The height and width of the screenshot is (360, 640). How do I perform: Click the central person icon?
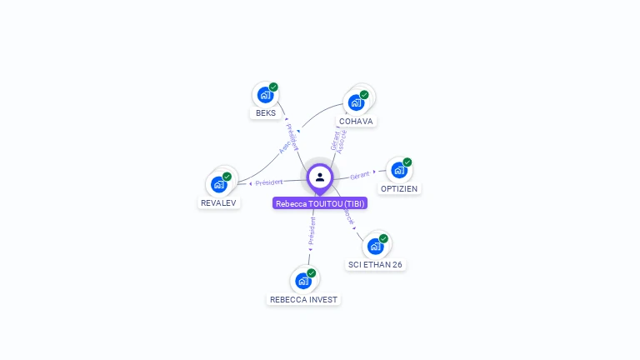point(320,177)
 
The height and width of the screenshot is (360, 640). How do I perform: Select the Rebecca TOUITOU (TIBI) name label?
point(320,203)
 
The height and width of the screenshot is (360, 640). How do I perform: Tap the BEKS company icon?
point(265,95)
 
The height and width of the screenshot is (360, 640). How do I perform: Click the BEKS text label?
point(266,113)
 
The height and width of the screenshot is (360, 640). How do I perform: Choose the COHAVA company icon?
point(357,102)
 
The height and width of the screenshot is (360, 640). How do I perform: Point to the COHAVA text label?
point(356,121)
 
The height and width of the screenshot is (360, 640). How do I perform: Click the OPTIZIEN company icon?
point(399,170)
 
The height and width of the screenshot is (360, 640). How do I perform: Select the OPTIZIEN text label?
point(399,189)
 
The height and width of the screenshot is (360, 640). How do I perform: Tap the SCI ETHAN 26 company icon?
point(375,246)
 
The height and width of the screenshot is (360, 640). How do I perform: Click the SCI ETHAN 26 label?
point(376,265)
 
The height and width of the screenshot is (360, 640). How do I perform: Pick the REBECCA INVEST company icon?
point(303,281)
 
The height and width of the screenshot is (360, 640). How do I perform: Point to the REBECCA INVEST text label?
point(303,300)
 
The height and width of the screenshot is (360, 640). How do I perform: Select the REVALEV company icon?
point(219,184)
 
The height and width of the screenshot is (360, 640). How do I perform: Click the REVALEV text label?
point(219,202)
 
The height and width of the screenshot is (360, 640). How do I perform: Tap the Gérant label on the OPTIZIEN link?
point(360,175)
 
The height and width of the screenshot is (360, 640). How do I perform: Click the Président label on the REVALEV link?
point(269,182)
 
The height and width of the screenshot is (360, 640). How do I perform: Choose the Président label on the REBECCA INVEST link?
point(312,231)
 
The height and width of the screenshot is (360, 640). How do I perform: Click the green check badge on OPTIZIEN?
point(407,162)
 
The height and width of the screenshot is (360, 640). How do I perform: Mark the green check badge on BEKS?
point(273,87)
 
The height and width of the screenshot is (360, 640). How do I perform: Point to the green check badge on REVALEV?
point(227,176)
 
